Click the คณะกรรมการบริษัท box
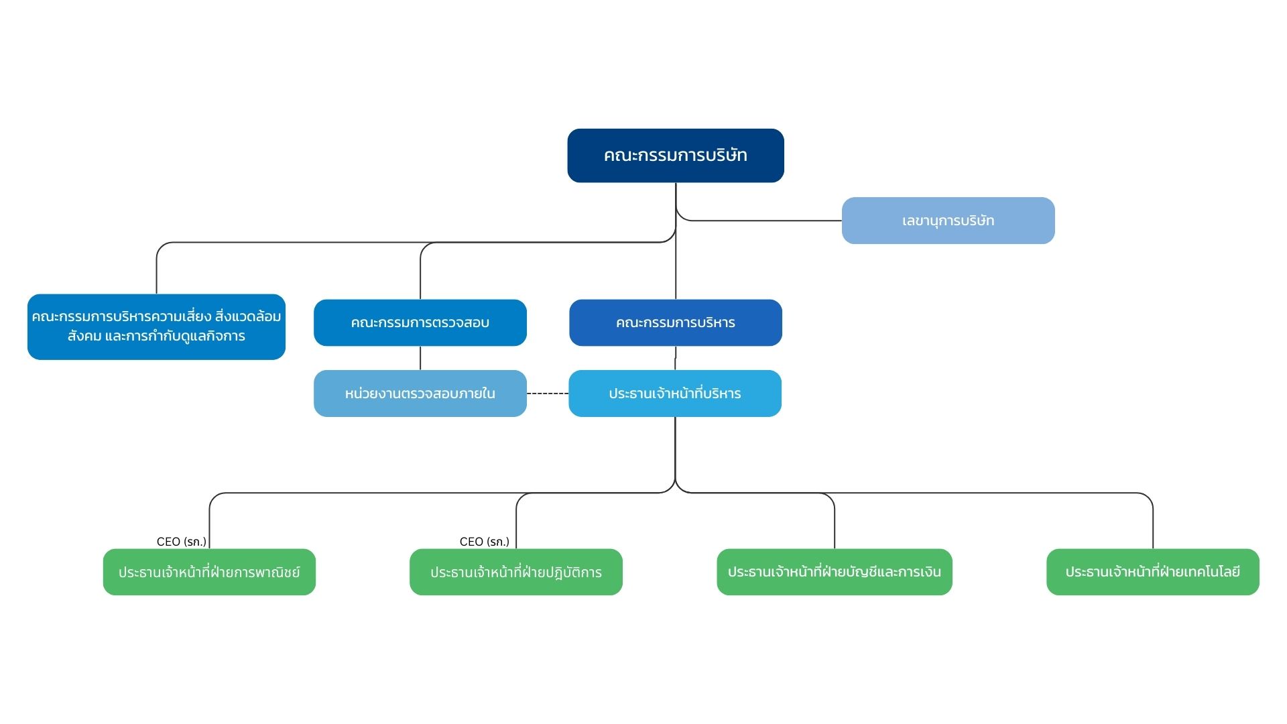point(676,156)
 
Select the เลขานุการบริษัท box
point(948,221)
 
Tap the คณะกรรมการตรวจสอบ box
point(420,322)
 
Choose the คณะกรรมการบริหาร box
point(676,322)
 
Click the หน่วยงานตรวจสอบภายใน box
point(420,394)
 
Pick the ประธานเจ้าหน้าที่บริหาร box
point(675,394)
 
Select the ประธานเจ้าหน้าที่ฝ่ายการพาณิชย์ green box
point(209,572)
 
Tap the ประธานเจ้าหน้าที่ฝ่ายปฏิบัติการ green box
point(516,572)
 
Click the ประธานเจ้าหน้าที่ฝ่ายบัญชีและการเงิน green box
point(835,572)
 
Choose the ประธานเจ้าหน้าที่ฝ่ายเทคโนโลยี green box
point(1153,572)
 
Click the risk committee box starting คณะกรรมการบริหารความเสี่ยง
point(156,326)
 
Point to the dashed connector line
point(548,394)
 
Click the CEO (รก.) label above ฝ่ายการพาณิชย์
point(182,542)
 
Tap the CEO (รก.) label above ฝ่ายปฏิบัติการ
point(485,542)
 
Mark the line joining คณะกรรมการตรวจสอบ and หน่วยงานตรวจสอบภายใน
point(420,358)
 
